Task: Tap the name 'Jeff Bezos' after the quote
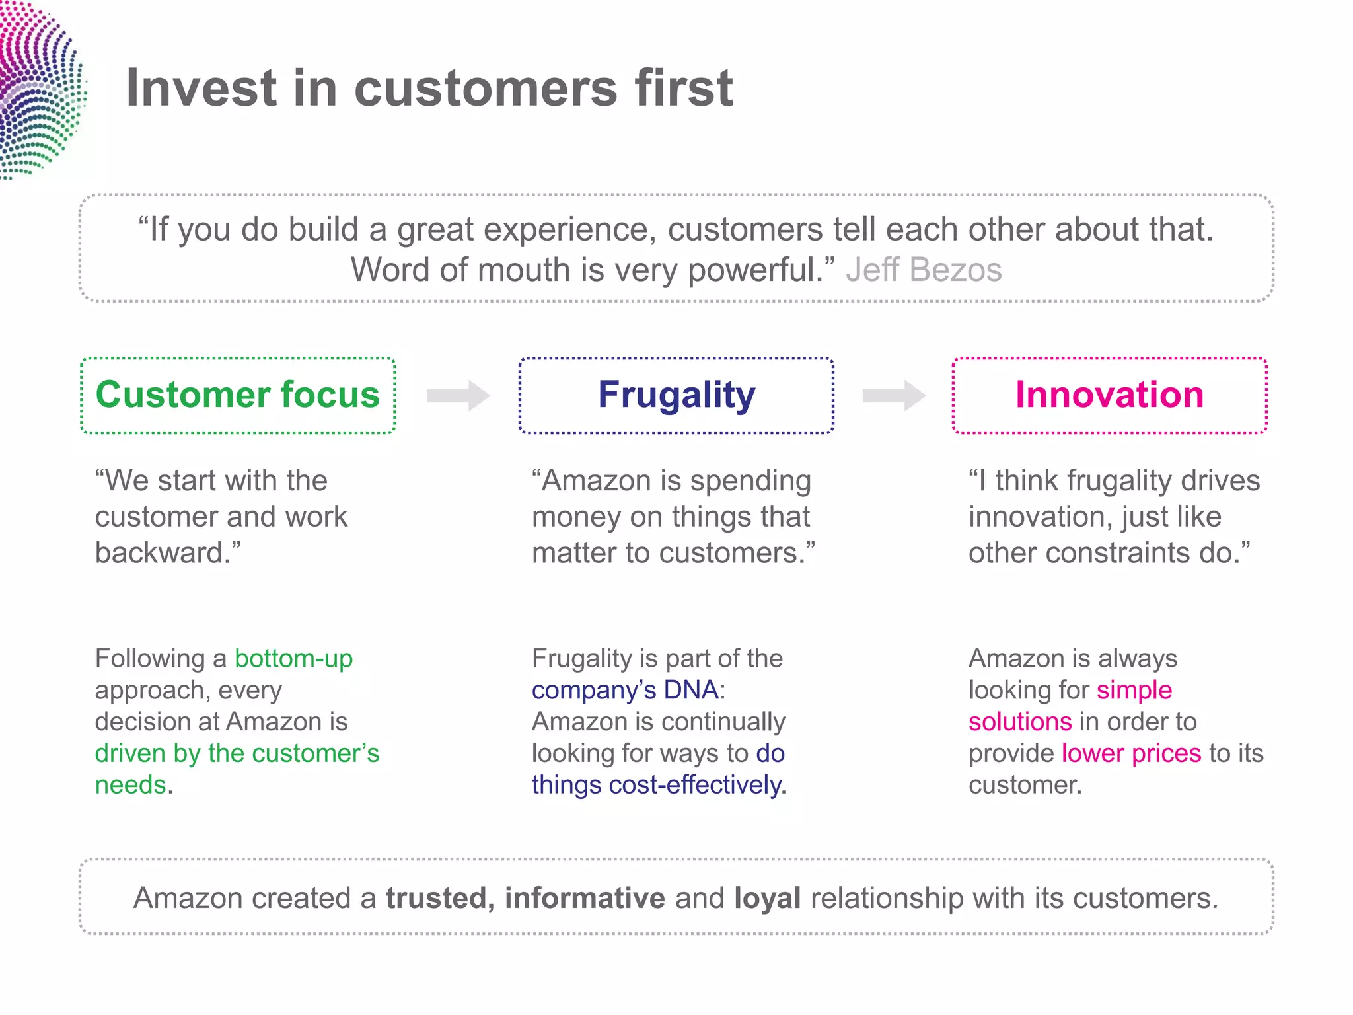[x=924, y=270]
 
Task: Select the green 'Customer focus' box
[x=238, y=395]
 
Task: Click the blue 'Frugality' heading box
[x=676, y=395]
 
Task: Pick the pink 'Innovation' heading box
[x=1109, y=395]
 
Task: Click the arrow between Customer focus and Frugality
[x=458, y=396]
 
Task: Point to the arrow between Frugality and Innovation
[x=894, y=396]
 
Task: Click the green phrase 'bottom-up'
[x=293, y=659]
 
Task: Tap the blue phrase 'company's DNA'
[x=625, y=691]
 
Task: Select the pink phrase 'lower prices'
[x=1131, y=754]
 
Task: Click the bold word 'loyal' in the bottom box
[x=767, y=899]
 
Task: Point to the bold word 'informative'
[x=585, y=899]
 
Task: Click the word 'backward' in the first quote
[x=162, y=553]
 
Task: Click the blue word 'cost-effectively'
[x=695, y=786]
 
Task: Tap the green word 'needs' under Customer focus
[x=130, y=786]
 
